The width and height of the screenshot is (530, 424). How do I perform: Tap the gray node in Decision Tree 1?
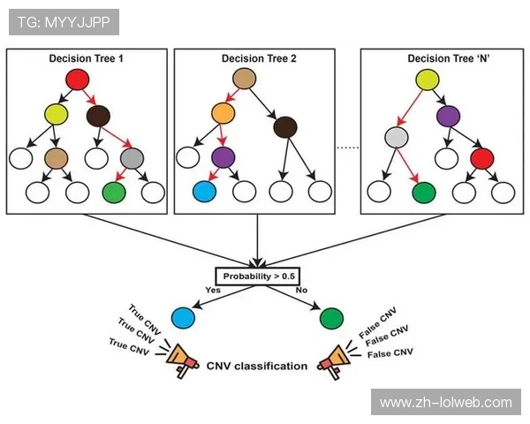coord(132,159)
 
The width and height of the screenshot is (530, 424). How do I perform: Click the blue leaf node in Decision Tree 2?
coord(204,191)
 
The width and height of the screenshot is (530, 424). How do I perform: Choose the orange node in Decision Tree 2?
coord(223,114)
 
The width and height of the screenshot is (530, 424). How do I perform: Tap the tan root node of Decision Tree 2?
coord(245,80)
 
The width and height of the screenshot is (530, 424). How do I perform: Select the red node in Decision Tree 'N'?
coord(481,159)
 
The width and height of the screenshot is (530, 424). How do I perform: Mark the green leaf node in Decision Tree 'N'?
coord(423,191)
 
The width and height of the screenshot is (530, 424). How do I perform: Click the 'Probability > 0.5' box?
coord(259,276)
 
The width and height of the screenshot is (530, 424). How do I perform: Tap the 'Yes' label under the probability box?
coord(214,290)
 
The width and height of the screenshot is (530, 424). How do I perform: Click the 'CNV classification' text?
coord(257,366)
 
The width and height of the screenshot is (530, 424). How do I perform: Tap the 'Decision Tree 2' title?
coord(257,58)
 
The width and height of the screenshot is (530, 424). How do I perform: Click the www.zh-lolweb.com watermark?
coord(445,403)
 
